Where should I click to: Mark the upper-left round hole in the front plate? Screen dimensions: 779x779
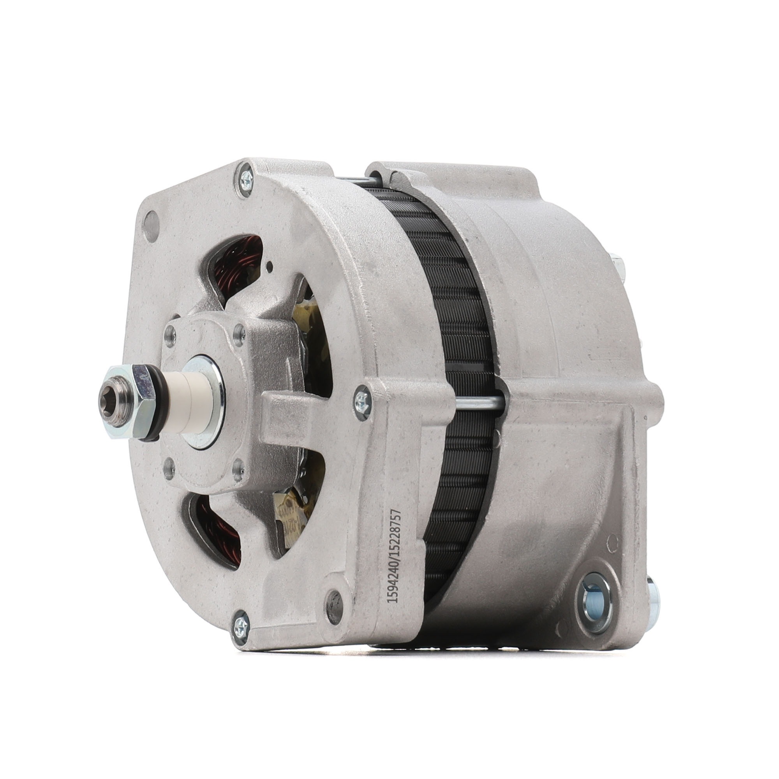tap(152, 227)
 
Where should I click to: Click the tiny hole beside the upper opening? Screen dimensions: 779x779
tap(270, 265)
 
